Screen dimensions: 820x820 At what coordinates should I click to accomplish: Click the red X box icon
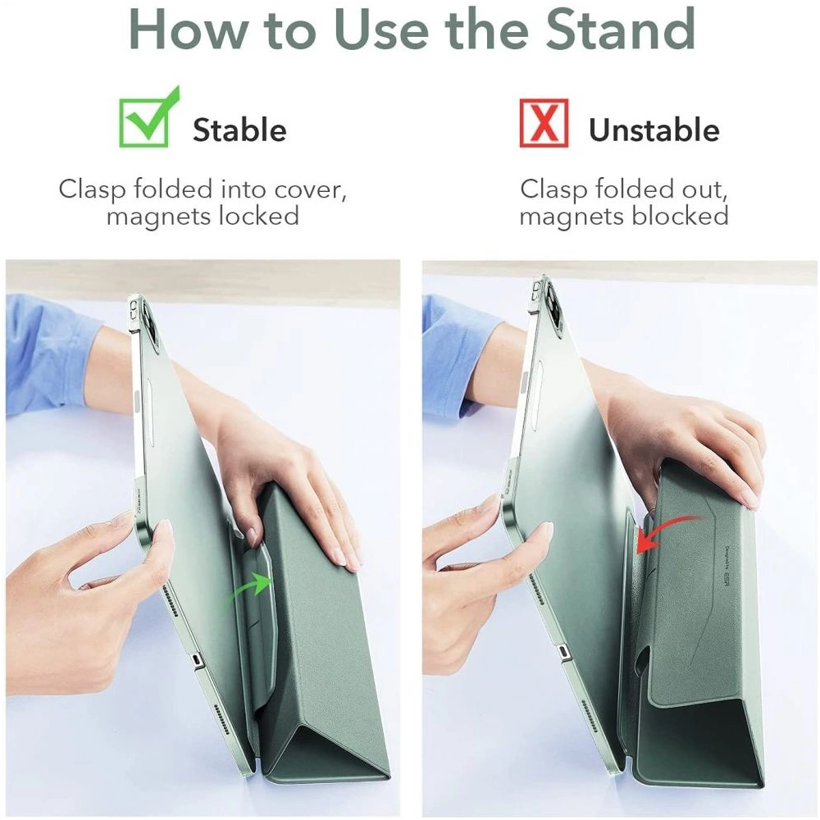(x=544, y=122)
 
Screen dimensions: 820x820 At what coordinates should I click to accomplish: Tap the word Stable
(x=239, y=130)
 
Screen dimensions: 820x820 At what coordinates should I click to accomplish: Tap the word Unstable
(x=654, y=130)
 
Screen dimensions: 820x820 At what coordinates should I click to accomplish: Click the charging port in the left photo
(x=196, y=660)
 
